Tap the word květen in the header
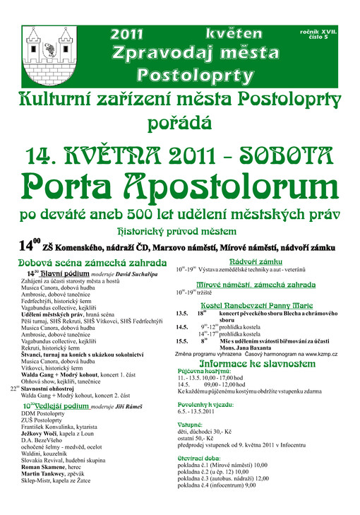coord(230,32)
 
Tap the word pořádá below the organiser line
coord(179,124)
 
